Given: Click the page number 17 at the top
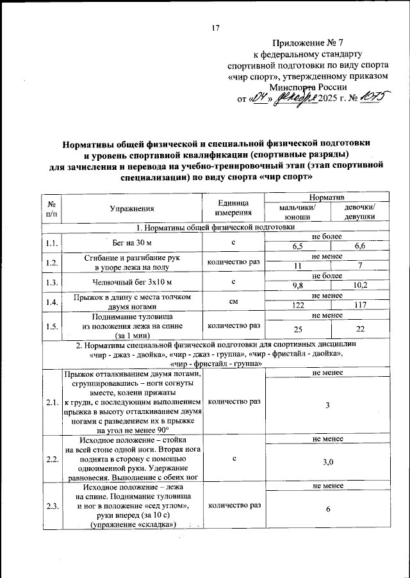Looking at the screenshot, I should tap(215, 28).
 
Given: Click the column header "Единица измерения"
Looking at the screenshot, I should tap(233, 208).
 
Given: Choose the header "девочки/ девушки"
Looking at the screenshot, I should tap(359, 212).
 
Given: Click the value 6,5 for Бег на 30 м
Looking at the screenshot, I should tap(298, 246).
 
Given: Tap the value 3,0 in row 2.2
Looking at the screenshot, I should tap(327, 461).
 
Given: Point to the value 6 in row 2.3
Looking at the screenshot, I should tap(327, 509).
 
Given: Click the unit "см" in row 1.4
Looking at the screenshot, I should tap(233, 301).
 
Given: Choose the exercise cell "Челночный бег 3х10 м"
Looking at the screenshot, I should tap(132, 281).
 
